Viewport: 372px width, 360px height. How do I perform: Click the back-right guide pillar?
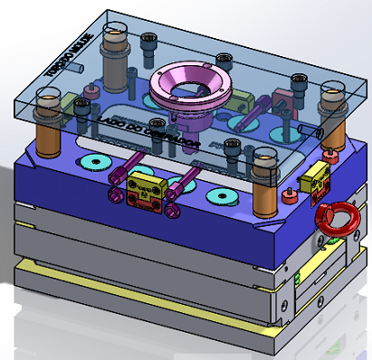point(334,113)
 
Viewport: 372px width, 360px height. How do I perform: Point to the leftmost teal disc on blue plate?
point(92,162)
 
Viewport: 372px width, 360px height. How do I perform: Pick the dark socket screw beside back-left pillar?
point(148,41)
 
